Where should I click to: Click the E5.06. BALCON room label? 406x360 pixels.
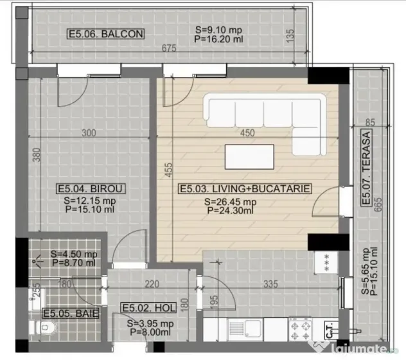[105, 34]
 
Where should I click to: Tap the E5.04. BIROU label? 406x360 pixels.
[91, 189]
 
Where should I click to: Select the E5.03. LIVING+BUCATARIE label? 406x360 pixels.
[245, 189]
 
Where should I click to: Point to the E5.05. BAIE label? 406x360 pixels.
[71, 313]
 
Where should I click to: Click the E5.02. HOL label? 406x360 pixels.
[148, 308]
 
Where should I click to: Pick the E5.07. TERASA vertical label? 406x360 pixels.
[366, 167]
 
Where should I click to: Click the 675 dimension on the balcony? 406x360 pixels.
[169, 48]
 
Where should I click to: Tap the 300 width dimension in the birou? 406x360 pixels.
[89, 133]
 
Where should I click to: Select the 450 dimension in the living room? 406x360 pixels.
[247, 133]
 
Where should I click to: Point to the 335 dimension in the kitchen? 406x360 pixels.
[270, 284]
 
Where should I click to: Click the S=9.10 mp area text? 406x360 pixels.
[219, 30]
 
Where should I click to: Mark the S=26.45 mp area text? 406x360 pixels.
[230, 202]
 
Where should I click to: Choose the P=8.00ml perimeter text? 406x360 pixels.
[150, 332]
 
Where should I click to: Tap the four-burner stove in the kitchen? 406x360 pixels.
[301, 329]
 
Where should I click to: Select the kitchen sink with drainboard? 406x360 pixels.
[245, 330]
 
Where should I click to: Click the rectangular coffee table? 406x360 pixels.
[249, 157]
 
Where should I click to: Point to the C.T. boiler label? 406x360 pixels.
[330, 330]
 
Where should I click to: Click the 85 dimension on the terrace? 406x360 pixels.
[370, 122]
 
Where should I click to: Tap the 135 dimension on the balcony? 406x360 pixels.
[290, 35]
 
